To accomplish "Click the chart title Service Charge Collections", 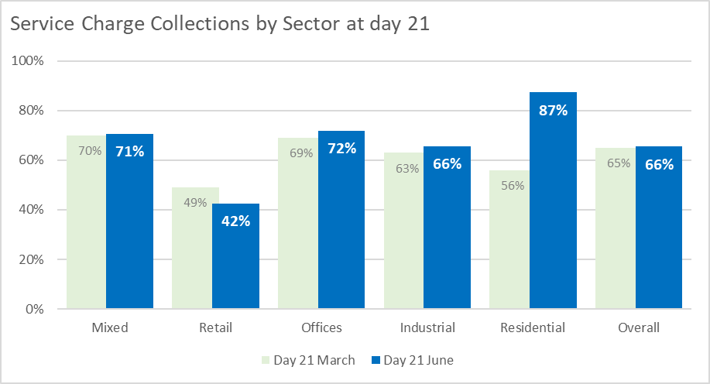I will (219, 24).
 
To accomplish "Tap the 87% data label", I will (553, 111).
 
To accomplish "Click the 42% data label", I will (235, 221).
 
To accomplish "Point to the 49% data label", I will (195, 203).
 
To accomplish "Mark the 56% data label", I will (512, 186).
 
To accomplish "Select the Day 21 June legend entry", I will (412, 360).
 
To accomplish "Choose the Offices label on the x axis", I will (321, 327).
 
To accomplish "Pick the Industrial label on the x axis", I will (427, 327).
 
